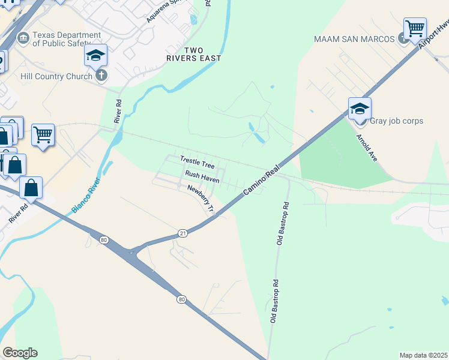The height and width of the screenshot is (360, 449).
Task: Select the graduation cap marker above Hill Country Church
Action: pos(95,56)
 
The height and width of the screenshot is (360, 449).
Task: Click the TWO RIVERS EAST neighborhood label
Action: pos(194,54)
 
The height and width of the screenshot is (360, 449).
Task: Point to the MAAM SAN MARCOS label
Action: pos(354,39)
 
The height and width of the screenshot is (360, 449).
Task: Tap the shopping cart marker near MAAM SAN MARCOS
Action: pos(415,28)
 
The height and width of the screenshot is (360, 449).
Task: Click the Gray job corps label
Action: pos(396,121)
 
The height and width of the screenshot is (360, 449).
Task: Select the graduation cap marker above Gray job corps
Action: pos(360,109)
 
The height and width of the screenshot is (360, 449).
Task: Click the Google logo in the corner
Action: pos(20,353)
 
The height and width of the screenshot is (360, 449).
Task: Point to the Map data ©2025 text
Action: pos(423,355)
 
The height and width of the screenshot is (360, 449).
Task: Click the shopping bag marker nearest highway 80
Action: pos(31,188)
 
